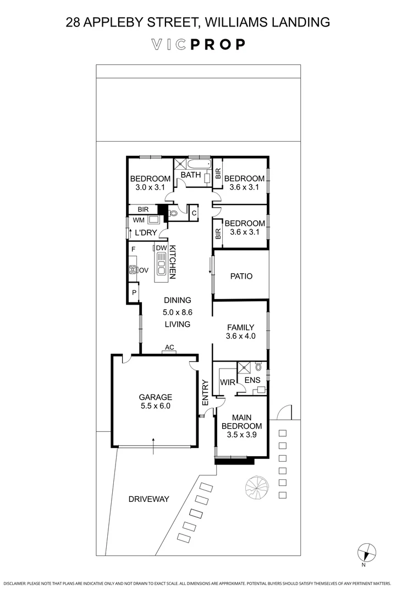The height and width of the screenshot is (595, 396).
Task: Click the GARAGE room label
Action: [x=155, y=397]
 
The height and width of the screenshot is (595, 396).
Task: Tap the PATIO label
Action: [x=241, y=276]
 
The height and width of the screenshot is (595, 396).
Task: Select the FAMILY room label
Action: [x=241, y=327]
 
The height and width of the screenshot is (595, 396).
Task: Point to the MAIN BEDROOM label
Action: [x=241, y=421]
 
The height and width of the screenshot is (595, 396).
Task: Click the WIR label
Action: [x=227, y=382]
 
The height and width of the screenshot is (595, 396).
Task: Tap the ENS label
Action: [x=252, y=380]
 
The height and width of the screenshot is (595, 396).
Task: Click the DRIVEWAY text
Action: [x=148, y=499]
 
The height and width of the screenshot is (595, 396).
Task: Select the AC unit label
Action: [x=169, y=347]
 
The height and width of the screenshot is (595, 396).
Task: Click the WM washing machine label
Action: [x=139, y=220]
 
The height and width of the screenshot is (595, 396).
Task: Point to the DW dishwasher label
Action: [x=161, y=248]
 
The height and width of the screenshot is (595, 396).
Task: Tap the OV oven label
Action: [x=144, y=270]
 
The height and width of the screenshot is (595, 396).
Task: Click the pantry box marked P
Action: [x=133, y=293]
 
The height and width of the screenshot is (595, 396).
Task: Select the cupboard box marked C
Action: [x=194, y=212]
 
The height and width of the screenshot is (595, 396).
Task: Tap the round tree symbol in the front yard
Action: [x=257, y=486]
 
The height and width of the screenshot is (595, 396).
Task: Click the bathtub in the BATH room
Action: [x=199, y=165]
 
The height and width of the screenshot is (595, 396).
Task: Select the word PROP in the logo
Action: [x=218, y=45]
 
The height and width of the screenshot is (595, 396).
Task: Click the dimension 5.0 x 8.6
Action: [x=177, y=312]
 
